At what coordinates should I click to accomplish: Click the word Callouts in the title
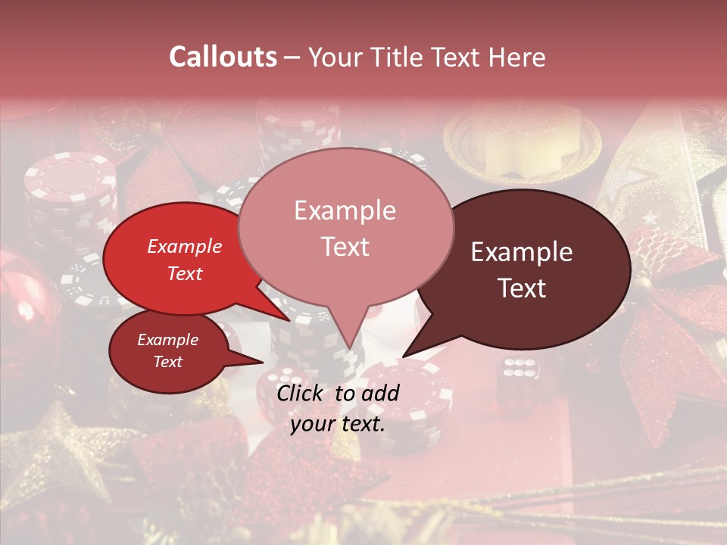[x=223, y=57]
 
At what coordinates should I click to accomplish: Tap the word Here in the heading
[x=517, y=57]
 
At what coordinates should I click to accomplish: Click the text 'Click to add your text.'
[x=338, y=409]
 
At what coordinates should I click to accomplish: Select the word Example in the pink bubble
[x=345, y=210]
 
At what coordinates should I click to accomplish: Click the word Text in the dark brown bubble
[x=523, y=288]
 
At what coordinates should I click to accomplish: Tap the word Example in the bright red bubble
[x=185, y=246]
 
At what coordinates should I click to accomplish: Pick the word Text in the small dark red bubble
[x=167, y=362]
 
